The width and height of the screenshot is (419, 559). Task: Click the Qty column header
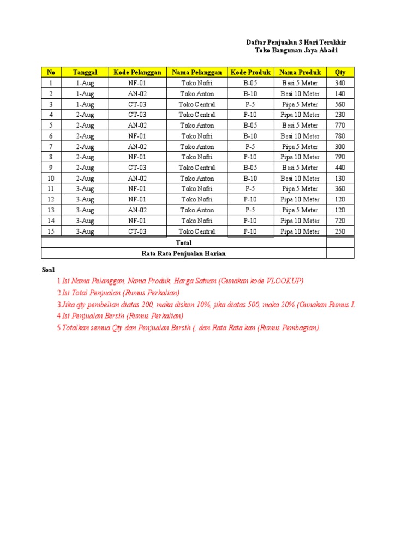(x=340, y=72)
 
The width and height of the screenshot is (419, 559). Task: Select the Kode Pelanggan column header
(x=137, y=72)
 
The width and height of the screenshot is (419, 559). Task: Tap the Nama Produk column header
(x=300, y=72)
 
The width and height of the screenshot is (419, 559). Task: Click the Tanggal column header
(x=85, y=72)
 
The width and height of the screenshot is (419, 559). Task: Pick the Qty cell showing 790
(x=340, y=157)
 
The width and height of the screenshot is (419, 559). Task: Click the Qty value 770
(x=340, y=126)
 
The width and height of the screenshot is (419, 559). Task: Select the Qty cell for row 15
(x=340, y=231)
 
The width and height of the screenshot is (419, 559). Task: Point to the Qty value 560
(x=340, y=104)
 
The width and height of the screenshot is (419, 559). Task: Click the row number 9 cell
(x=51, y=168)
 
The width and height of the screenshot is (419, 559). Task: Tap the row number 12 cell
(x=51, y=199)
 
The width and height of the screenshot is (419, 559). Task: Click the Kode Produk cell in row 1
(x=250, y=83)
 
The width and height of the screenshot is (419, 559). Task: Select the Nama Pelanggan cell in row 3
(x=197, y=104)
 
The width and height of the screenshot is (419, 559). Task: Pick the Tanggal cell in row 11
(x=85, y=189)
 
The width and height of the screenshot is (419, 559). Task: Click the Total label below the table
(x=184, y=242)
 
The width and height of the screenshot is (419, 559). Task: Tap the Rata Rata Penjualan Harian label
(x=184, y=253)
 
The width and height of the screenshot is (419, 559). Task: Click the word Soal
(x=48, y=270)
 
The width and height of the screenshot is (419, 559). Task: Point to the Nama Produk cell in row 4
(x=300, y=115)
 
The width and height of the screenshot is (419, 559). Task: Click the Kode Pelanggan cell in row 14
(x=137, y=221)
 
